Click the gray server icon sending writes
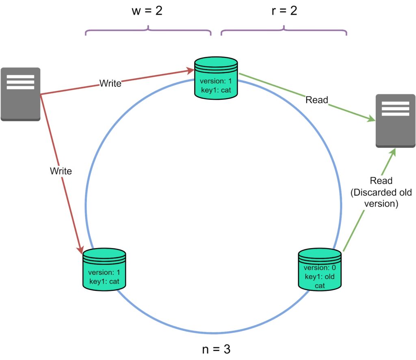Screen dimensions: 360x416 tap(20, 94)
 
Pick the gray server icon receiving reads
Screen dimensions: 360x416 tap(395, 121)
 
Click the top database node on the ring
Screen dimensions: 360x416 tap(216, 78)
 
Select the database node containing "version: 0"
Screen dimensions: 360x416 tap(319, 269)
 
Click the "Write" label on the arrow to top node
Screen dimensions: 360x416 tap(110, 84)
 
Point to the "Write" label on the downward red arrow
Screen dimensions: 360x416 tap(61, 171)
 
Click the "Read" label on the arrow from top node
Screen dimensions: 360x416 tap(317, 100)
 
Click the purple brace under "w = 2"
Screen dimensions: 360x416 tap(148, 31)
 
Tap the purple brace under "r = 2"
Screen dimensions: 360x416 tap(284, 31)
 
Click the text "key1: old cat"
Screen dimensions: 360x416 tap(319, 282)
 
